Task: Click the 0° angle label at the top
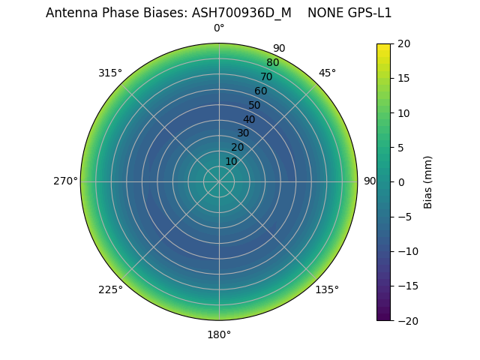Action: [x=219, y=28]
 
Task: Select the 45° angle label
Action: [x=327, y=73]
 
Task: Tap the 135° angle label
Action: [x=327, y=289]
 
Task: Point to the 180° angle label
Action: [x=219, y=334]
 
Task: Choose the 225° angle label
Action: [x=110, y=289]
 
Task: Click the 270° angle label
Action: [x=65, y=181]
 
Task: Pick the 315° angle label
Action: [x=110, y=73]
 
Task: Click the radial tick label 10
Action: [x=232, y=161]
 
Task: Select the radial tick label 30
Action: [x=243, y=133]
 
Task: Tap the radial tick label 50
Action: [x=255, y=105]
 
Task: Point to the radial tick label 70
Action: [x=267, y=76]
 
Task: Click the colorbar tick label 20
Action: [x=403, y=43]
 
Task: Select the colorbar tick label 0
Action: [x=400, y=181]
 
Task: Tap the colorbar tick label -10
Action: [x=406, y=251]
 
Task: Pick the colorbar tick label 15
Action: [x=403, y=78]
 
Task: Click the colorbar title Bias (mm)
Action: [x=428, y=181]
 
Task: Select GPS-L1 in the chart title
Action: [x=365, y=13]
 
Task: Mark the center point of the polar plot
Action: [x=219, y=181]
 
